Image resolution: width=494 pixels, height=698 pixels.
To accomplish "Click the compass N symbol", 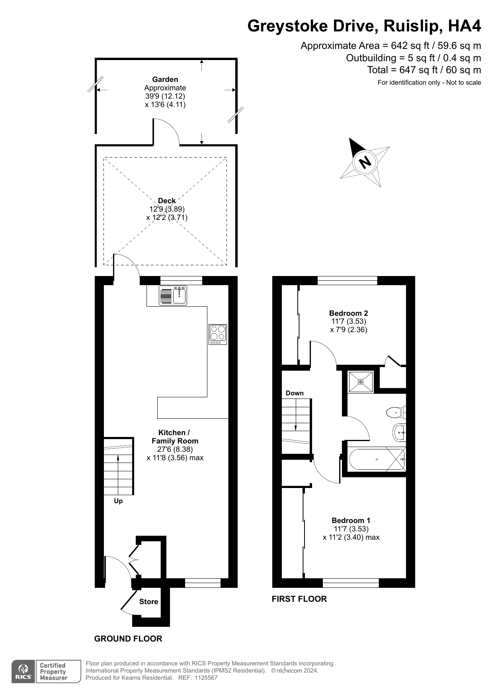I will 365,162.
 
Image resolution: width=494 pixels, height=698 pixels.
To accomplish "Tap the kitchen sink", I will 180,295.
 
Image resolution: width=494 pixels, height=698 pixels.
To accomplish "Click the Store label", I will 148,602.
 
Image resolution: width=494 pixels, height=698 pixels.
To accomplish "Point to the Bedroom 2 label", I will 348,313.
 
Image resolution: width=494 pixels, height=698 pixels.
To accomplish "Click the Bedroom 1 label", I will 351,520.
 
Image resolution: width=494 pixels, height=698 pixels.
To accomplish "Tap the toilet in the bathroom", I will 396,412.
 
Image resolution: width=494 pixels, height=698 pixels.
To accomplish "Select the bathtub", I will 377,459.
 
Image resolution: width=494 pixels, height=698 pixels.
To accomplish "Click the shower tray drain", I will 361,382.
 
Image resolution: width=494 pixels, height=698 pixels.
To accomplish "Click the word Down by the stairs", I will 295,393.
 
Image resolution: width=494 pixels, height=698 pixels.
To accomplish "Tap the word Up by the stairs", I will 118,501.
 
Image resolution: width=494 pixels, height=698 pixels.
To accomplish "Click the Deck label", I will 166,200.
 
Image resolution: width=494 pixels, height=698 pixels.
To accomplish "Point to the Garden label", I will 165,79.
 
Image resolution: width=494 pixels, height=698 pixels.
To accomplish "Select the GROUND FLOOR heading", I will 128,639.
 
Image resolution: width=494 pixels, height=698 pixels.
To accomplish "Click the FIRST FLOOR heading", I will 299,599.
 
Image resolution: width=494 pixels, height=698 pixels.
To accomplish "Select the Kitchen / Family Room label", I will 175,437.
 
